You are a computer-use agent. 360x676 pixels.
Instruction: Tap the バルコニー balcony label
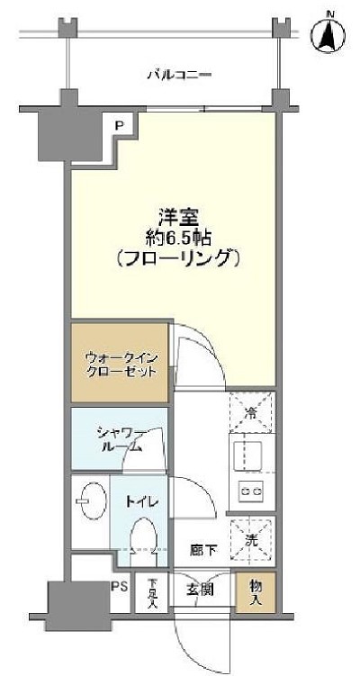(x=179, y=74)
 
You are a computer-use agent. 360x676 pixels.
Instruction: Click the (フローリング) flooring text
(x=177, y=259)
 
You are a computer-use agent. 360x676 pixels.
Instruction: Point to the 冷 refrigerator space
(x=252, y=414)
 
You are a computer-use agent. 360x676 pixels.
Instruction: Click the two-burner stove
(x=249, y=491)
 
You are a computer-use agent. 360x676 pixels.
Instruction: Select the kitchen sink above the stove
(x=248, y=455)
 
